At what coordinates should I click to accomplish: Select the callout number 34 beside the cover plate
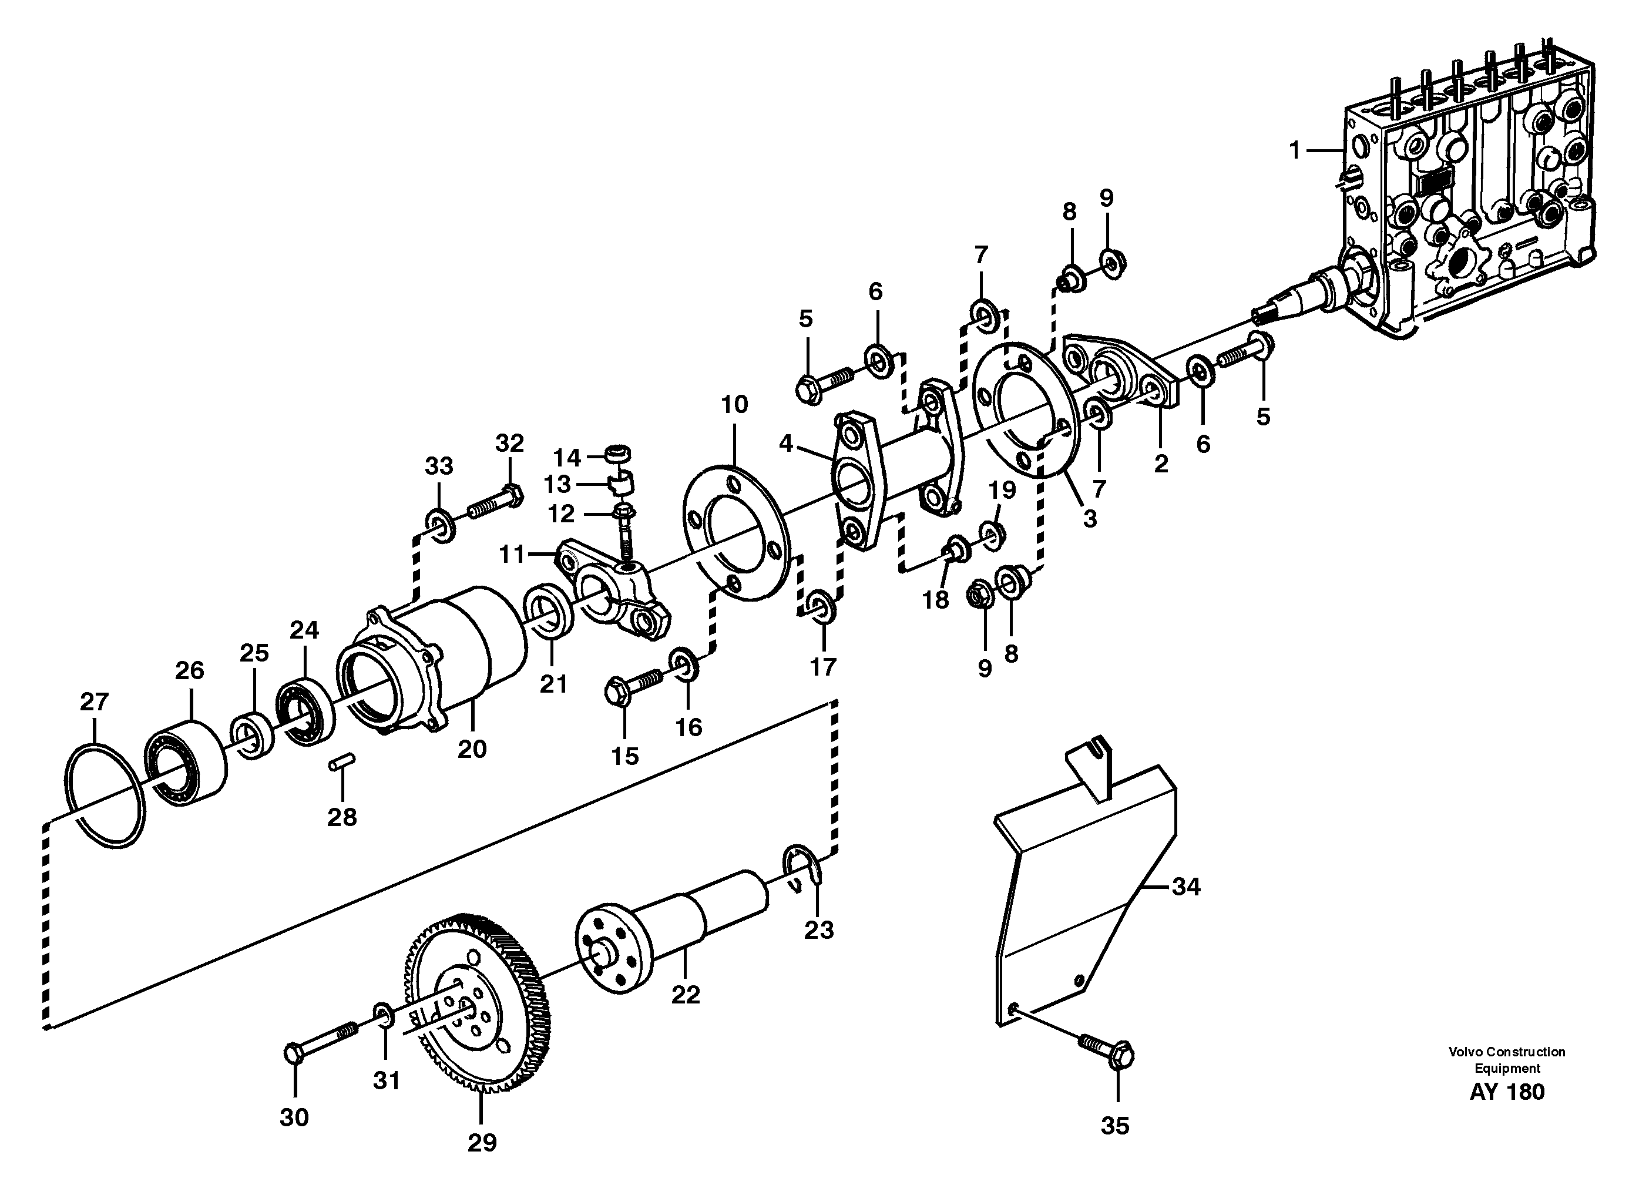coord(1186,888)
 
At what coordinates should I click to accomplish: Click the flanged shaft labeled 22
coord(675,926)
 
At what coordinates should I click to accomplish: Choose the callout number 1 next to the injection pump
coord(1294,151)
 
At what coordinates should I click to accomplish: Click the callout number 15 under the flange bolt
coord(624,756)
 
